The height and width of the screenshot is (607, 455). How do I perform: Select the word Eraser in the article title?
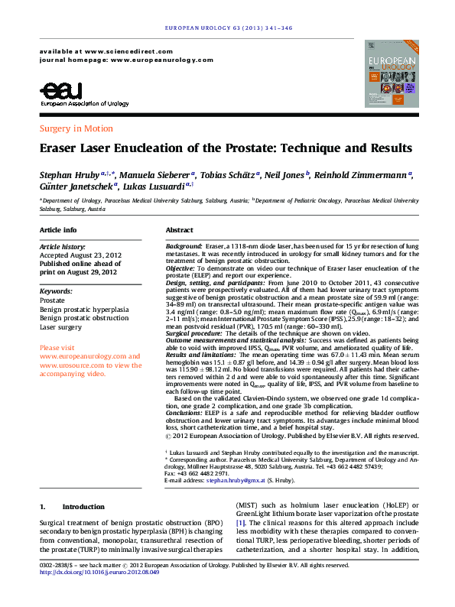tap(61, 148)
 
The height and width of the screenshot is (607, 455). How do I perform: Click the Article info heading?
tap(58, 230)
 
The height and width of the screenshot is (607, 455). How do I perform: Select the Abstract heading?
tap(179, 230)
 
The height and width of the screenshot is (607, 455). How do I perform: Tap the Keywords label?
tap(56, 291)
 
